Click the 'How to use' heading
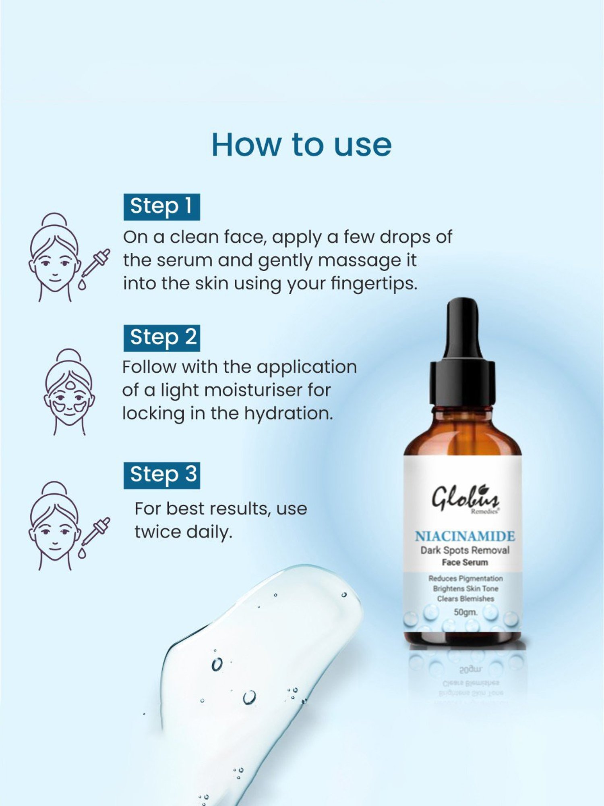pos(301,145)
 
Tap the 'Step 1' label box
pos(161,207)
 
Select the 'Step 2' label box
pos(161,338)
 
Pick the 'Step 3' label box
pos(161,475)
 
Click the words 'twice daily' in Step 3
pos(184,532)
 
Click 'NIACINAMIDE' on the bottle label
pos(465,536)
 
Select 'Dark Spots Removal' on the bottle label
pos(465,550)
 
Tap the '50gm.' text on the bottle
pos(465,612)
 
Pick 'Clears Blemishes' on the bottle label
pos(465,599)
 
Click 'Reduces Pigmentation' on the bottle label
pos(465,579)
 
